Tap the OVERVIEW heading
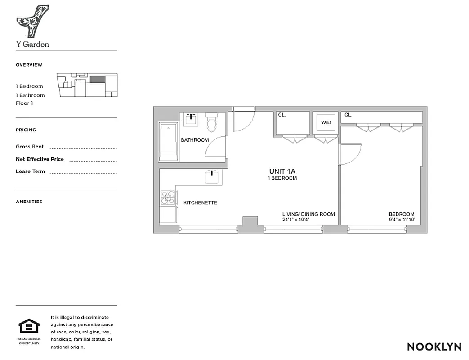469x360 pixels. click(29, 65)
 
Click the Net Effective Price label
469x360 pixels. click(40, 159)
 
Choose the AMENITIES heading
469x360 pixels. click(29, 202)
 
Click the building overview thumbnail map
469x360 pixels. click(87, 85)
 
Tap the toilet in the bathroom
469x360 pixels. click(211, 123)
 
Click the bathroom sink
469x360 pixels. click(191, 119)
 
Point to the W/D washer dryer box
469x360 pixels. click(325, 122)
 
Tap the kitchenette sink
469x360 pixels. click(212, 177)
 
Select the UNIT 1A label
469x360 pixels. click(281, 171)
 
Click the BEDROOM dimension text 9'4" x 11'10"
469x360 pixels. click(402, 220)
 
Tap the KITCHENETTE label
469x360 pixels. click(200, 203)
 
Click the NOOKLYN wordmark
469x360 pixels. click(434, 346)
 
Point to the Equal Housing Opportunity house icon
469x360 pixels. click(29, 326)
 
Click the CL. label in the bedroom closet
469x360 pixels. click(348, 115)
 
